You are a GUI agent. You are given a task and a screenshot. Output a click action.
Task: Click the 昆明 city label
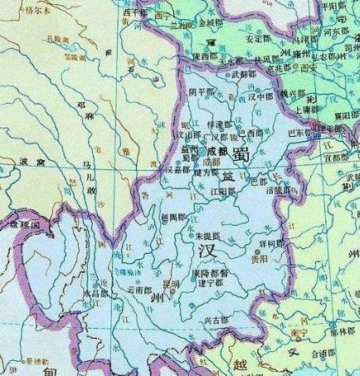[x=170, y=286]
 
